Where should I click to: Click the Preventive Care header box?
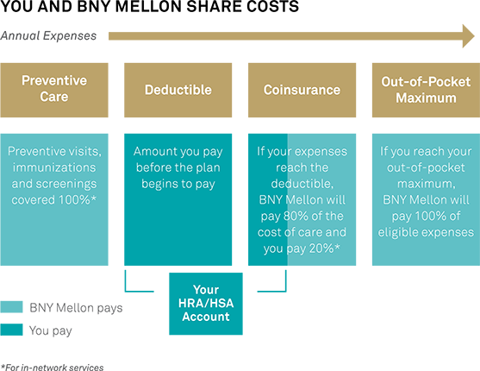click(x=54, y=90)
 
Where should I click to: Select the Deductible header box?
click(x=178, y=90)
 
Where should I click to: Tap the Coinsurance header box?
click(x=302, y=90)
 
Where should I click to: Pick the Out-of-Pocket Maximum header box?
click(x=426, y=90)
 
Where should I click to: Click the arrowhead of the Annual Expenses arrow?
click(x=469, y=36)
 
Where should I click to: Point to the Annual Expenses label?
click(x=48, y=36)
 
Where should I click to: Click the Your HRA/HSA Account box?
click(x=206, y=304)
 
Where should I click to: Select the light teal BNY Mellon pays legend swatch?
click(x=11, y=307)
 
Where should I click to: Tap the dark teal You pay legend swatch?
click(x=11, y=330)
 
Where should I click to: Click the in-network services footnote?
click(x=52, y=368)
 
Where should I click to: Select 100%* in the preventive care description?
click(x=78, y=200)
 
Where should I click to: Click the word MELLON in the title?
click(x=149, y=6)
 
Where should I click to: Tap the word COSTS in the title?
click(x=273, y=6)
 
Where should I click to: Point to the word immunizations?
click(x=54, y=167)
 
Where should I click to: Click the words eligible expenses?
click(x=426, y=232)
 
